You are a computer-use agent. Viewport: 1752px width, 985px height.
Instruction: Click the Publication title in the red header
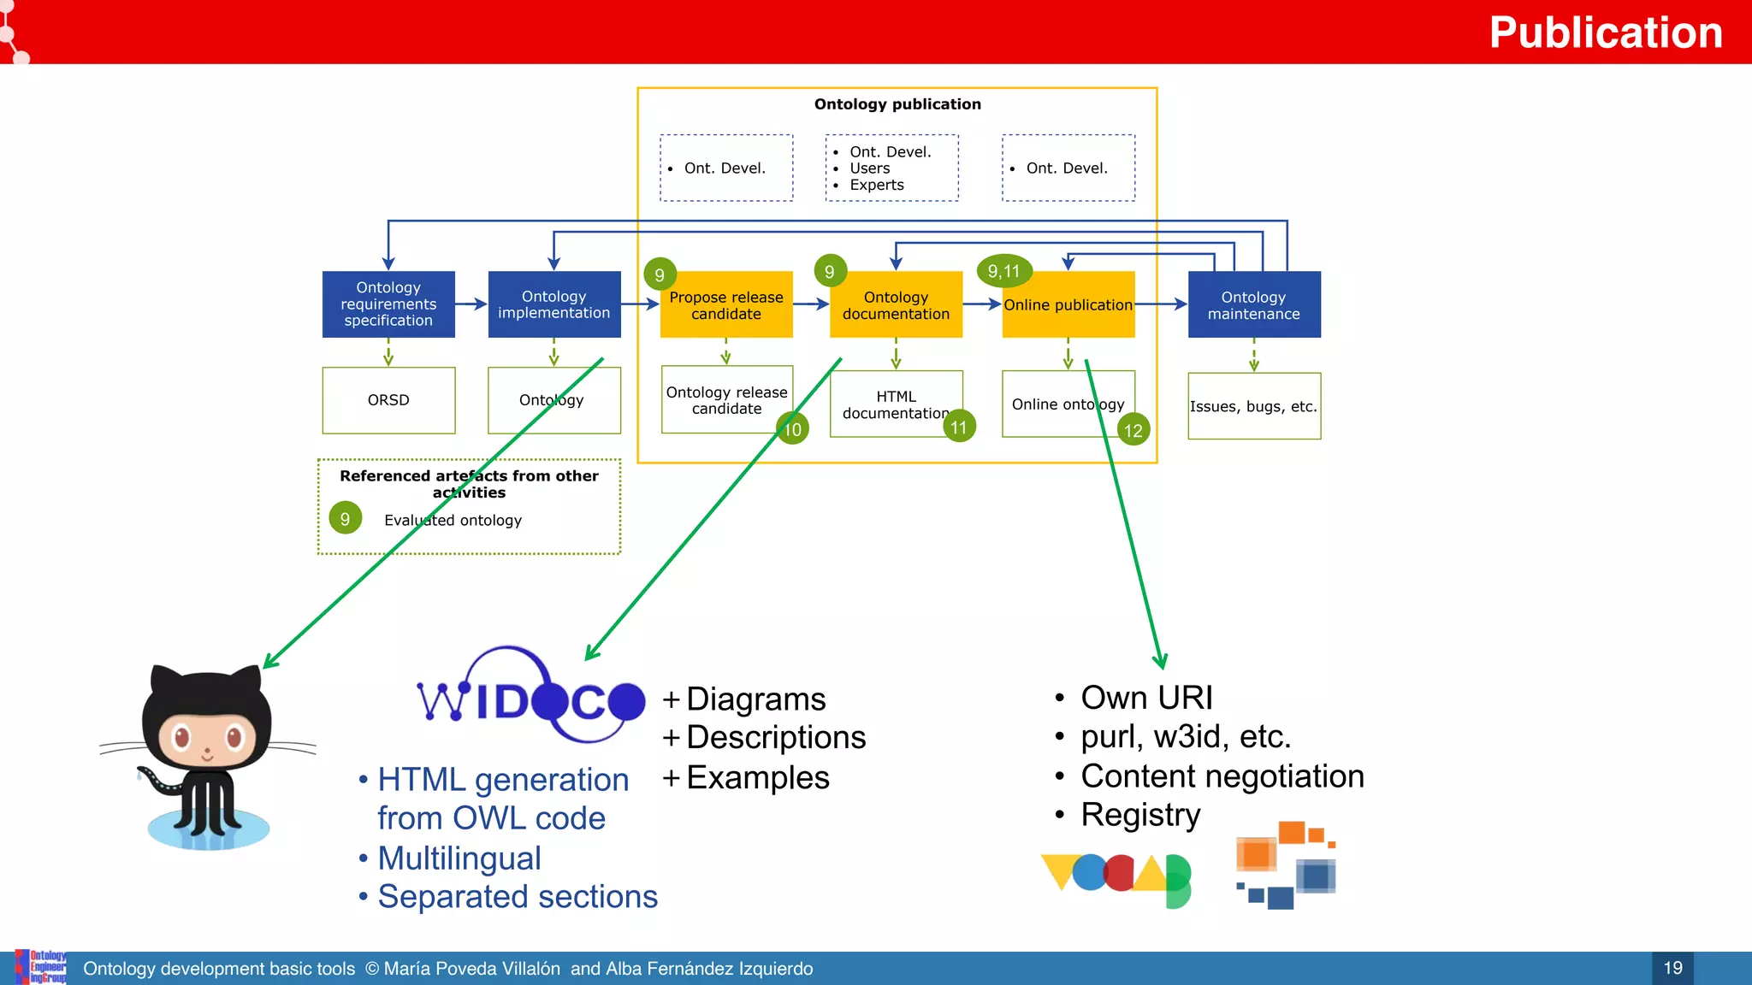[1605, 32]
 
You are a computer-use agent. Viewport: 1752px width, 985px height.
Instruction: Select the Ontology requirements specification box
[388, 304]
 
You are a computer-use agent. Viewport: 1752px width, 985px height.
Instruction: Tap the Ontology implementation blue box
[554, 304]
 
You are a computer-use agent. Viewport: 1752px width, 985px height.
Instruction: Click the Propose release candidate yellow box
[726, 305]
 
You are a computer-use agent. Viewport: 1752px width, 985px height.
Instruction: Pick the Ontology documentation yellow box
[896, 305]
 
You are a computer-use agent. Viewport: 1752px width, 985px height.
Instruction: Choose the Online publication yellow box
[1068, 305]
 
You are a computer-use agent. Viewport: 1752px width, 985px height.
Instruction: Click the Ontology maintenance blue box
[1253, 305]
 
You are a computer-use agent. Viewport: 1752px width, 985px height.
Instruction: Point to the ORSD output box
[388, 400]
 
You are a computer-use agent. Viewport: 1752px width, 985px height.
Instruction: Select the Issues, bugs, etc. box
[1253, 407]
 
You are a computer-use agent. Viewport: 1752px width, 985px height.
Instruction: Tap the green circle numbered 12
[1133, 430]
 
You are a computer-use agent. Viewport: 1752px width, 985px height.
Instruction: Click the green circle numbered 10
[793, 429]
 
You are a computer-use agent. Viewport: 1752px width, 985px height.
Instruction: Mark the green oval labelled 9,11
[1004, 271]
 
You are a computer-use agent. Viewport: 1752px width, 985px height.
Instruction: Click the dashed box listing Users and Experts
[891, 168]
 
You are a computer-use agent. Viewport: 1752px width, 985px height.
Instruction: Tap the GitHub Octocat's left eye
[181, 736]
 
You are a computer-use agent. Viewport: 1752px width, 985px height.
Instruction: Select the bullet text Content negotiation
[1222, 776]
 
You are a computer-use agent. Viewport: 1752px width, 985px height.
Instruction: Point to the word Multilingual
[459, 858]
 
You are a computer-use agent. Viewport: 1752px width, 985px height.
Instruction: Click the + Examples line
[746, 778]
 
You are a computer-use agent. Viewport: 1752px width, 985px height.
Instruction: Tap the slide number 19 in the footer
[1672, 968]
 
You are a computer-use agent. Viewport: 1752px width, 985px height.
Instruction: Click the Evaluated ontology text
[453, 520]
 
